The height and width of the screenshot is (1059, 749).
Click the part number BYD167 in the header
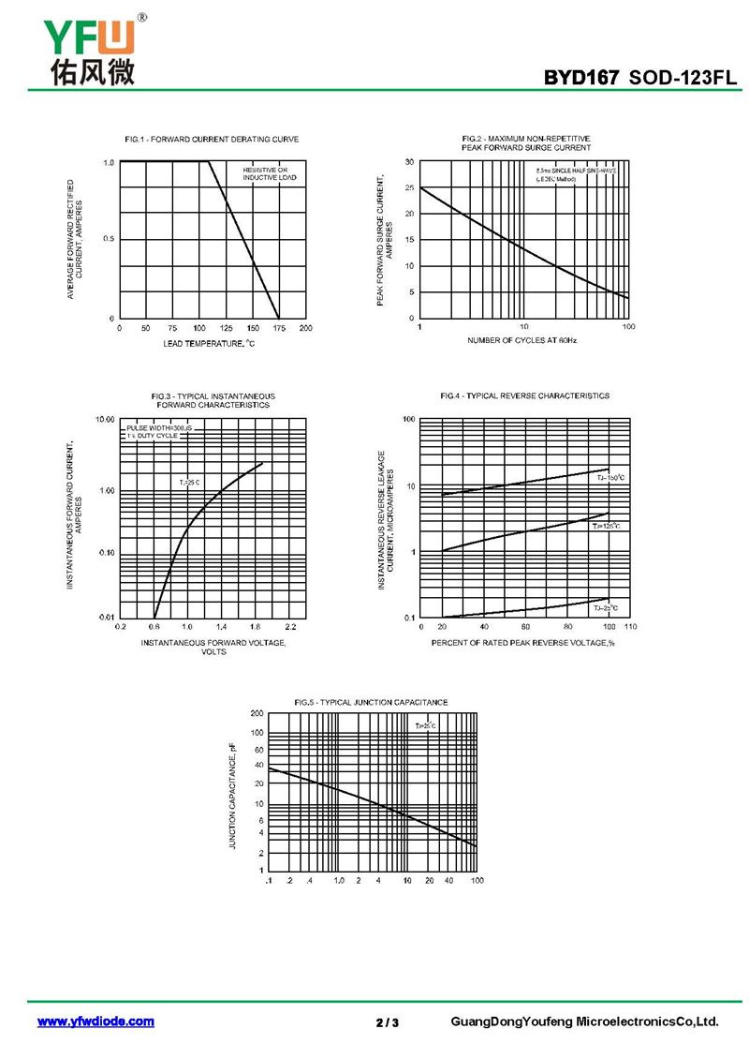[x=581, y=78]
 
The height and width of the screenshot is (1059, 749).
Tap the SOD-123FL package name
[x=683, y=78]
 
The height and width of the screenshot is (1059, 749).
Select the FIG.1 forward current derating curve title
[x=212, y=139]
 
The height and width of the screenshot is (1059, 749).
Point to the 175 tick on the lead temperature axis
[x=280, y=328]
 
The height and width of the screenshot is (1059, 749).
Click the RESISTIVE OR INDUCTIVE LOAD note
[x=270, y=173]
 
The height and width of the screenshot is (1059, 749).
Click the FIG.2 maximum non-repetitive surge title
[x=526, y=143]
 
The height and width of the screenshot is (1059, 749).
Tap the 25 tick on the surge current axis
[x=409, y=188]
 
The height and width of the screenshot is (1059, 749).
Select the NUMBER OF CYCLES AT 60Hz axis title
[x=522, y=340]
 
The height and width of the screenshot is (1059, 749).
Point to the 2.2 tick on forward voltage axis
[x=290, y=625]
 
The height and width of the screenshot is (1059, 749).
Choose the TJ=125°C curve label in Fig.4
[x=607, y=527]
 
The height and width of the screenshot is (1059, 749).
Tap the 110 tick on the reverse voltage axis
[x=630, y=625]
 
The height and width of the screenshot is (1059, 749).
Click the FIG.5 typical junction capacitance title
[x=371, y=702]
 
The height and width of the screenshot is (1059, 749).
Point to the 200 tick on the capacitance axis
[x=257, y=714]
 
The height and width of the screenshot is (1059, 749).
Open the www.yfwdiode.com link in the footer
[x=95, y=1022]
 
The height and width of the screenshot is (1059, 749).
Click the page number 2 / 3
[x=387, y=1022]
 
